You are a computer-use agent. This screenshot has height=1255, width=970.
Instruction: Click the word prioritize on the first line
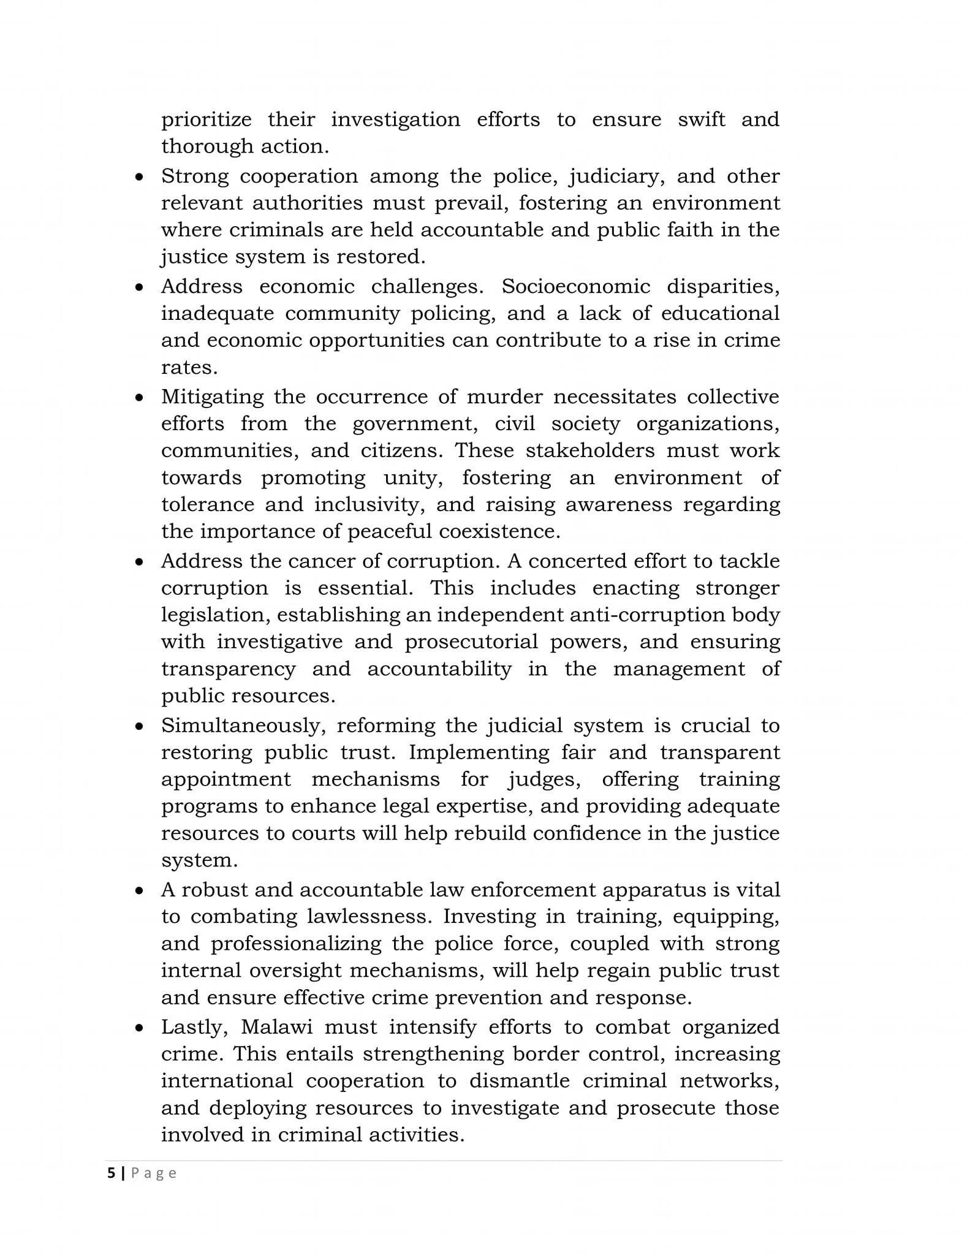click(206, 119)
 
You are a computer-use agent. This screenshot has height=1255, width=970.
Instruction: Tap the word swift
click(701, 119)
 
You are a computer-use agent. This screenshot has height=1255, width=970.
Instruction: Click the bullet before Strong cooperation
click(140, 177)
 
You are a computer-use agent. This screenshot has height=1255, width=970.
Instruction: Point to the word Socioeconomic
click(575, 286)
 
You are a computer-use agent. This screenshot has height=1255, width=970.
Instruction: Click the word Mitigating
click(212, 397)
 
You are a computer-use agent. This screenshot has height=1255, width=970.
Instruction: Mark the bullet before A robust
click(140, 890)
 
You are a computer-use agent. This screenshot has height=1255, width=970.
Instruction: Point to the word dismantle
click(520, 1081)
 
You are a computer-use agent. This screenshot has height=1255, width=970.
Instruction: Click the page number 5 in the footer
click(111, 1173)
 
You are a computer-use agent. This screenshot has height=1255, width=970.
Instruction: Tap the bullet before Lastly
click(140, 1028)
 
